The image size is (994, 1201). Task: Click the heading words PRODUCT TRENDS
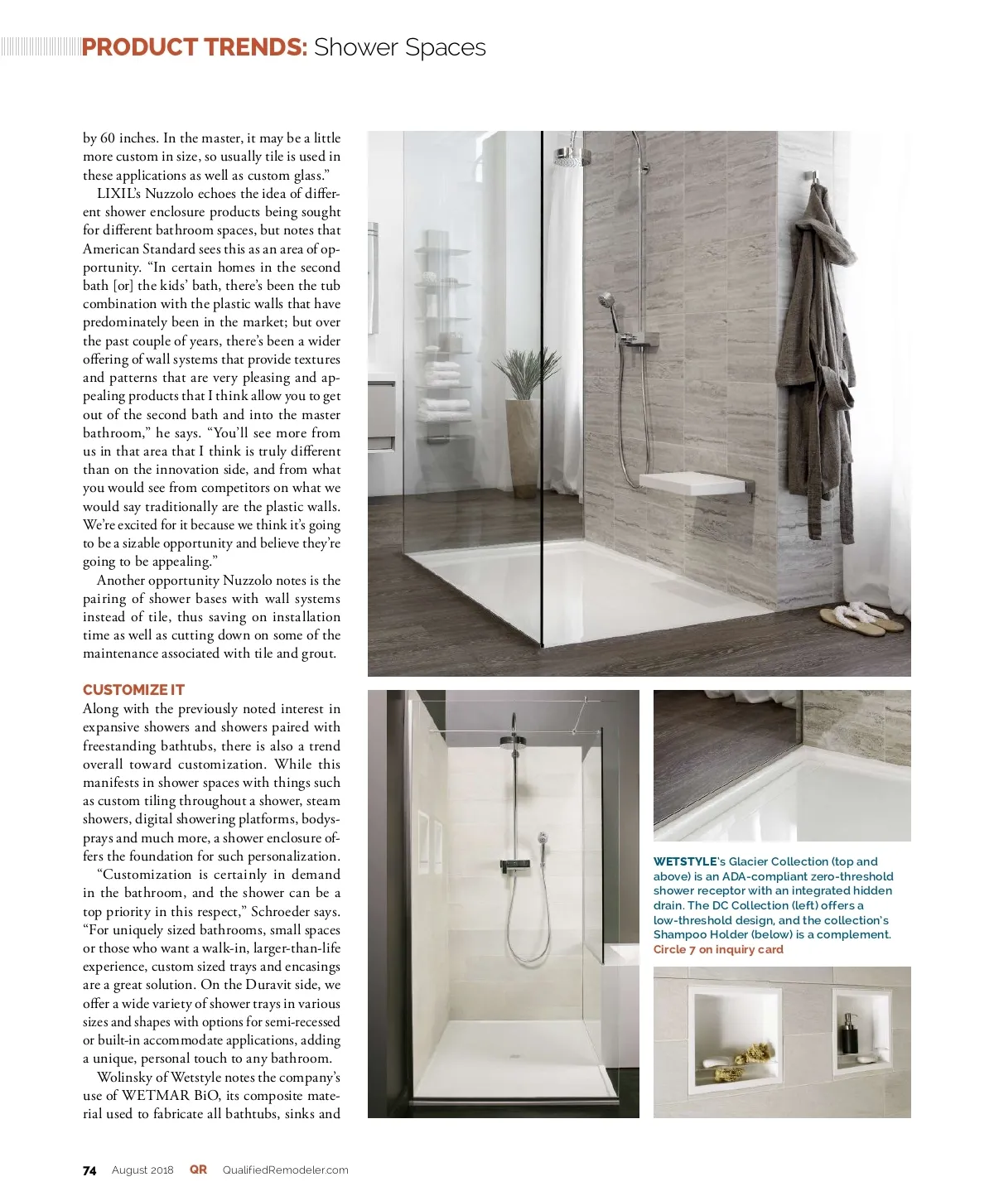[195, 47]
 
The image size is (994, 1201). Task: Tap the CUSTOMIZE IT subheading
[133, 690]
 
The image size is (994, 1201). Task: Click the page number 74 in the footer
[89, 1170]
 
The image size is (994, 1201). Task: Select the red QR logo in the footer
[198, 1170]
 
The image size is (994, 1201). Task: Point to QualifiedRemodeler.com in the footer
[285, 1170]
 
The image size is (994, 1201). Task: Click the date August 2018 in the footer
[142, 1170]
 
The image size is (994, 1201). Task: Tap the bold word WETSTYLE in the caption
[685, 861]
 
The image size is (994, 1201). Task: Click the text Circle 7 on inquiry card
[718, 949]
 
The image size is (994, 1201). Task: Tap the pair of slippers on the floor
[861, 619]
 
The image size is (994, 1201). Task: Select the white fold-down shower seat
[692, 485]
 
